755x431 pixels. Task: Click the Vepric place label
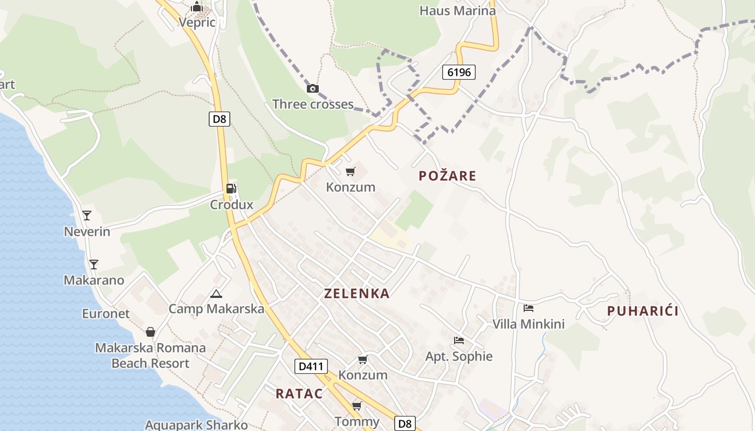tap(197, 23)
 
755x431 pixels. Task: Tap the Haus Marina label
tap(457, 11)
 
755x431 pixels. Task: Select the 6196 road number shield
tap(459, 72)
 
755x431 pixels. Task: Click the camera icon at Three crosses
tap(313, 89)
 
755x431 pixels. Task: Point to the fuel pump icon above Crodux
tap(231, 188)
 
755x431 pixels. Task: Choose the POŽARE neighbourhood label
tap(448, 176)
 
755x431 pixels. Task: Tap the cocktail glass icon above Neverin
tap(87, 216)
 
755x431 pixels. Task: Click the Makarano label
tap(94, 280)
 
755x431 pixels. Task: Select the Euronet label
tap(106, 314)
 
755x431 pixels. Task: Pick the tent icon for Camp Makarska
tap(216, 294)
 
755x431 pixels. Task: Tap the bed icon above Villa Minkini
tap(528, 308)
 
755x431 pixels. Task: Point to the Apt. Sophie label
tap(459, 356)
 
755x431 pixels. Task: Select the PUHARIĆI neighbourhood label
tap(642, 311)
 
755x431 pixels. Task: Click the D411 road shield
tap(311, 367)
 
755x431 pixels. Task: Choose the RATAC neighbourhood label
tap(299, 393)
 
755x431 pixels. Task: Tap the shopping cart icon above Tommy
tap(356, 405)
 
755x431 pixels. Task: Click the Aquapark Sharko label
tap(196, 425)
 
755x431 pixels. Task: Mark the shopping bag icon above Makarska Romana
tap(150, 332)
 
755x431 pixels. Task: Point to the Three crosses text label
tap(313, 104)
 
